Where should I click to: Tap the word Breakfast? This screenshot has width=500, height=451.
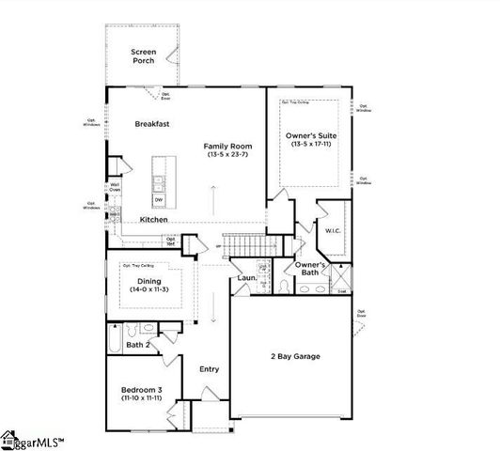pos(151,124)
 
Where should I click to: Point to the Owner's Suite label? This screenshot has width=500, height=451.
pos(311,136)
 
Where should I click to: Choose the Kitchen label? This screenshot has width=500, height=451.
pos(154,219)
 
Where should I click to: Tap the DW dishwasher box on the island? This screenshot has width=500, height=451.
pos(159,198)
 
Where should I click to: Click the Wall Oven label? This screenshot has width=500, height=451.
pos(115,187)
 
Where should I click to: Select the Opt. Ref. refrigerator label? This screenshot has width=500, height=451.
pos(171,241)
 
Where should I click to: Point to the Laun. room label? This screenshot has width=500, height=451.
pos(247,278)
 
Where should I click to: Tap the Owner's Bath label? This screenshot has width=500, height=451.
pos(310,270)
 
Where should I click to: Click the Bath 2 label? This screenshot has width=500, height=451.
pos(138,346)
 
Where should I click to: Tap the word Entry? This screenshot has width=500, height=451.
pos(209,368)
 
